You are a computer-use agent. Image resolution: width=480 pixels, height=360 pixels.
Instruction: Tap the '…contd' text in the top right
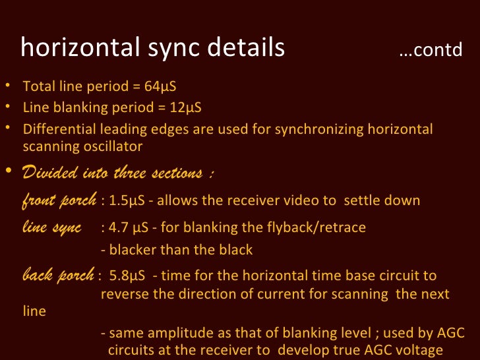(x=431, y=51)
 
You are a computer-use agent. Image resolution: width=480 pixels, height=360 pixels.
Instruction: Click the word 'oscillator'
(x=112, y=146)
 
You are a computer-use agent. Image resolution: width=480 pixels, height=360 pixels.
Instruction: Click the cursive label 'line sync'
(x=51, y=227)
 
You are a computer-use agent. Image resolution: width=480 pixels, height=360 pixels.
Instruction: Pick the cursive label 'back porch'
(x=57, y=276)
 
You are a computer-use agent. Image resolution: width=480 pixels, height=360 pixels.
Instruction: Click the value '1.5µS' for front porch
(x=123, y=200)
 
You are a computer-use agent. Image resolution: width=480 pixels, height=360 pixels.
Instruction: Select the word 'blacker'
(x=131, y=251)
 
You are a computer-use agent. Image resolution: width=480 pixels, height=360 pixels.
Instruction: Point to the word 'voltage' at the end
(x=420, y=351)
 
